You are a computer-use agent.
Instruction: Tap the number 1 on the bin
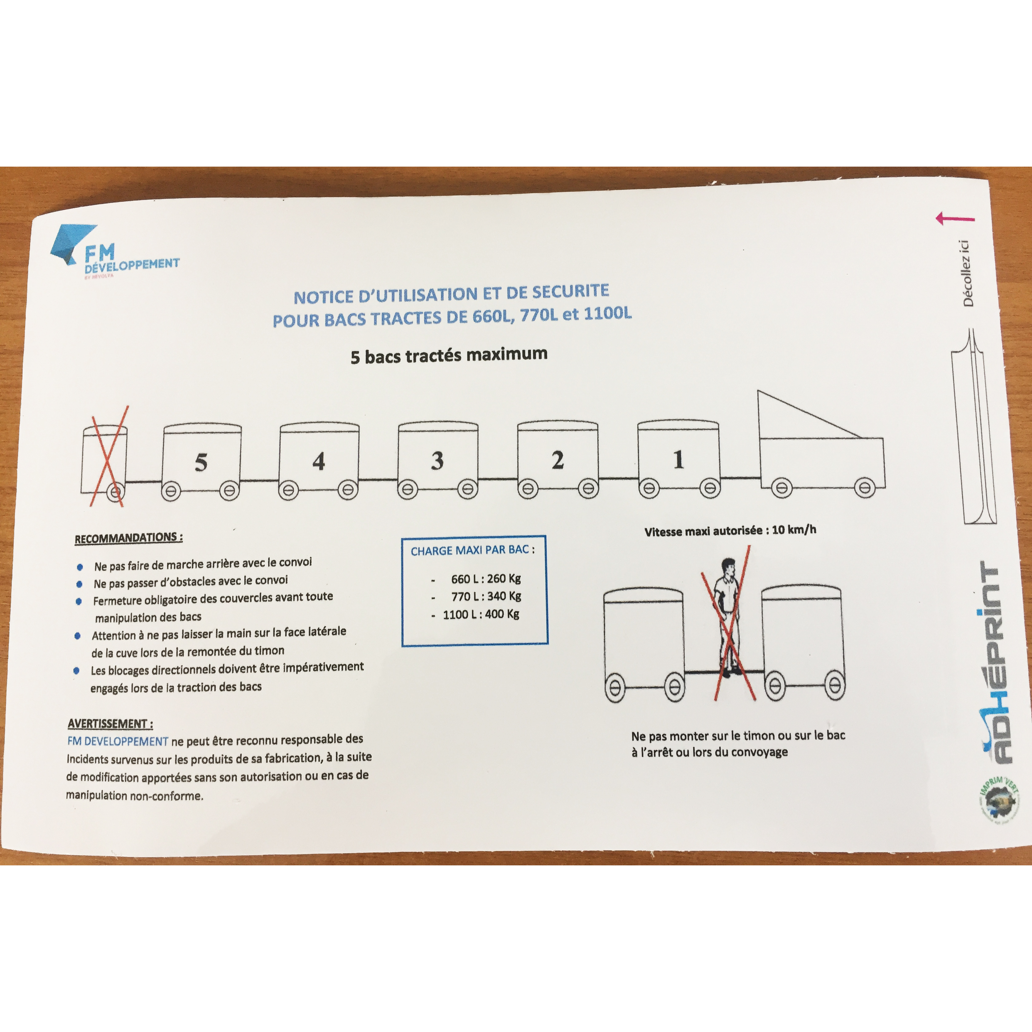click(x=679, y=459)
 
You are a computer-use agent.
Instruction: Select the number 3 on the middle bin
click(x=438, y=460)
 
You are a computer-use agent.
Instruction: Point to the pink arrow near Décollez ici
click(x=955, y=218)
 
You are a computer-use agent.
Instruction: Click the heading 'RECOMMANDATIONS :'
click(x=128, y=538)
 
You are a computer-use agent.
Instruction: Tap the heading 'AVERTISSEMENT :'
click(x=110, y=724)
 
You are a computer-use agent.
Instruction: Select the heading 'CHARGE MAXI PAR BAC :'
click(x=472, y=550)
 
